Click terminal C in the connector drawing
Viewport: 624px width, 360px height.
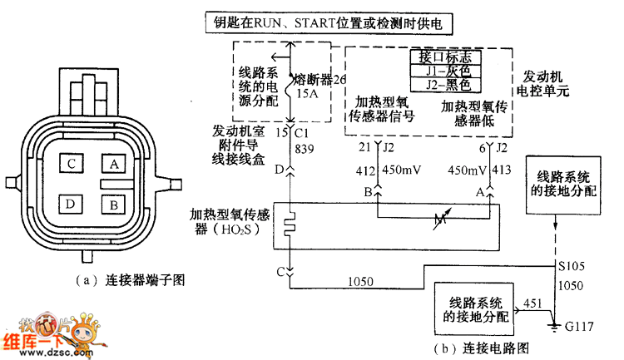(72, 164)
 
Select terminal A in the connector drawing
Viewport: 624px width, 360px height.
(114, 164)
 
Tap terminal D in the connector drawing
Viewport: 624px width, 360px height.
(72, 202)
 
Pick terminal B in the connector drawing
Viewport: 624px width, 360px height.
(114, 202)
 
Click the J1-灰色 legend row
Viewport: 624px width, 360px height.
(447, 71)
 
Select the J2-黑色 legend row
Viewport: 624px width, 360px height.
(447, 84)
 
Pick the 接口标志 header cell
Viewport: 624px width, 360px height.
(447, 57)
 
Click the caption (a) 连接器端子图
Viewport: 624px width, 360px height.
(129, 280)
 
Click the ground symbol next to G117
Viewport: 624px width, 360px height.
(552, 325)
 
